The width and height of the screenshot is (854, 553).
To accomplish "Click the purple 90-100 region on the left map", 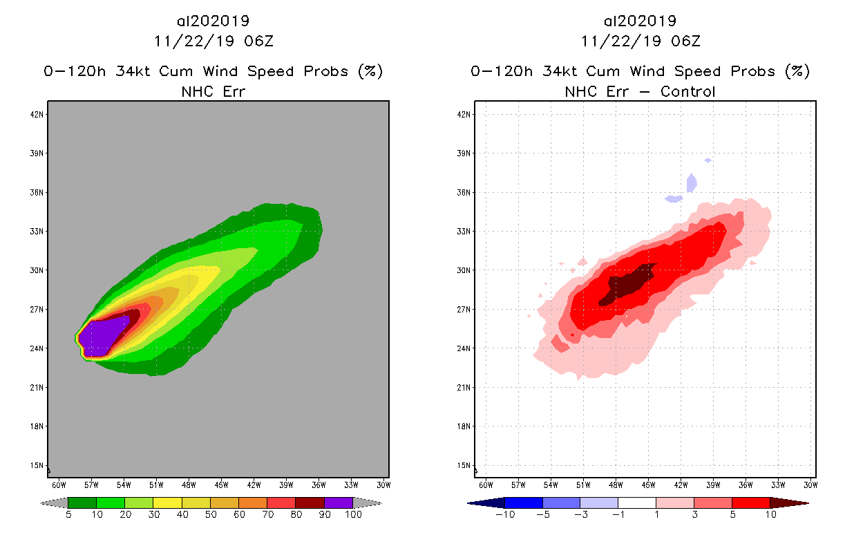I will coord(102,337).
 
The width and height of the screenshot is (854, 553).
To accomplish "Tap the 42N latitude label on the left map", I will coord(38,114).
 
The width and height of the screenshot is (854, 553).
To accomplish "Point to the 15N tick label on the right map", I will coord(465,465).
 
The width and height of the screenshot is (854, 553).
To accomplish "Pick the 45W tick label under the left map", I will coord(221,484).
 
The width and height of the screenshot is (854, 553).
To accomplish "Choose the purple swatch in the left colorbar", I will coord(339,503).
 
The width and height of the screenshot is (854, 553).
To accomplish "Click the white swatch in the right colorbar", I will coord(636,503).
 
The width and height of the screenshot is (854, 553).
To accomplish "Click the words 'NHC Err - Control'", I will coord(640,91).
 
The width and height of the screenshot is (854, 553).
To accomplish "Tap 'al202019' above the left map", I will coord(213,21).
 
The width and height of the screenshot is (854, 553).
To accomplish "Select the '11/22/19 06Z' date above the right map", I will coord(640,41).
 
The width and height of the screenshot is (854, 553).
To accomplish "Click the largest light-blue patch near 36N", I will coord(692,183).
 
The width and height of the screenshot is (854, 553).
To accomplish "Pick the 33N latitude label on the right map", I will coord(465,231).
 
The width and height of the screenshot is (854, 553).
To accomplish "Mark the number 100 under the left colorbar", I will coord(353,515).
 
